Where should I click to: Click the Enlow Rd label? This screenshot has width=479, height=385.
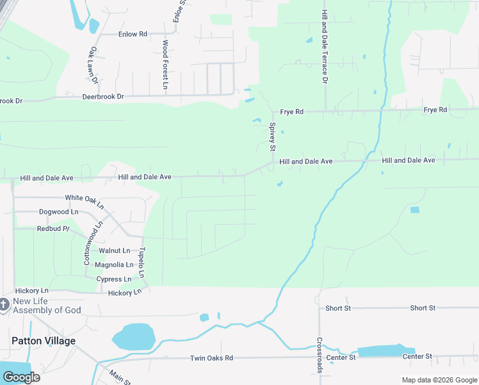click(133, 34)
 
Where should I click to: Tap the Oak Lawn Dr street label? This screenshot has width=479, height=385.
click(93, 65)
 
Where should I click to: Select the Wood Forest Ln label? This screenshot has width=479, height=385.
click(165, 64)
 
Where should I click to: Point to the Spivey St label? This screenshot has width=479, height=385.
click(272, 137)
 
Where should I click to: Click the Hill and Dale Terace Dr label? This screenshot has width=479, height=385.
click(325, 47)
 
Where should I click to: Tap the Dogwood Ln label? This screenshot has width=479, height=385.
click(58, 212)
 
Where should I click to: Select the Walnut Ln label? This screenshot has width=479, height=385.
click(115, 250)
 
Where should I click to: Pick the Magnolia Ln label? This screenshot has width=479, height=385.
click(114, 264)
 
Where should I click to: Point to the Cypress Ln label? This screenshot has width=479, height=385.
click(113, 279)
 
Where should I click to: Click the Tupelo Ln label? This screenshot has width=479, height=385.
click(142, 263)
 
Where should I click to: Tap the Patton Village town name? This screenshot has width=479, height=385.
click(43, 341)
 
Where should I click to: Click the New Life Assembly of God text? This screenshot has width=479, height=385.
click(47, 306)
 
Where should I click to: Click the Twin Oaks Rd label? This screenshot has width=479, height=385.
click(211, 358)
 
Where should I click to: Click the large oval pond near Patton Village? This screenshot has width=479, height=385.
click(133, 336)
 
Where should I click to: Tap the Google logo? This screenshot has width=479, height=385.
click(20, 377)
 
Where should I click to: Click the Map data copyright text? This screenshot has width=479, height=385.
click(439, 380)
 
